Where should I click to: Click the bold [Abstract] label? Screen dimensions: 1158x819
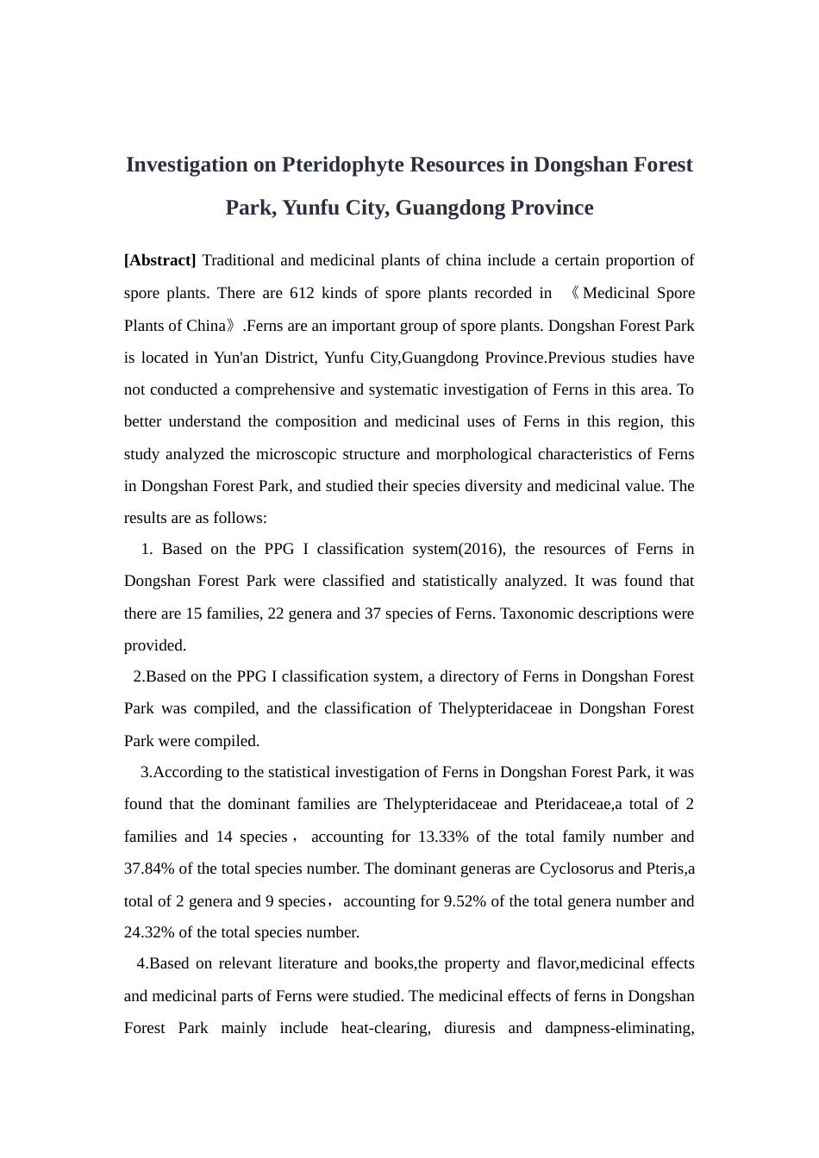click(x=160, y=260)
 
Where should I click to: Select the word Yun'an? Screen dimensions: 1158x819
click(x=237, y=358)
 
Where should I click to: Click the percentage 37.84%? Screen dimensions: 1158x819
click(x=148, y=868)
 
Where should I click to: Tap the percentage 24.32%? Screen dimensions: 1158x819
click(x=148, y=932)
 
